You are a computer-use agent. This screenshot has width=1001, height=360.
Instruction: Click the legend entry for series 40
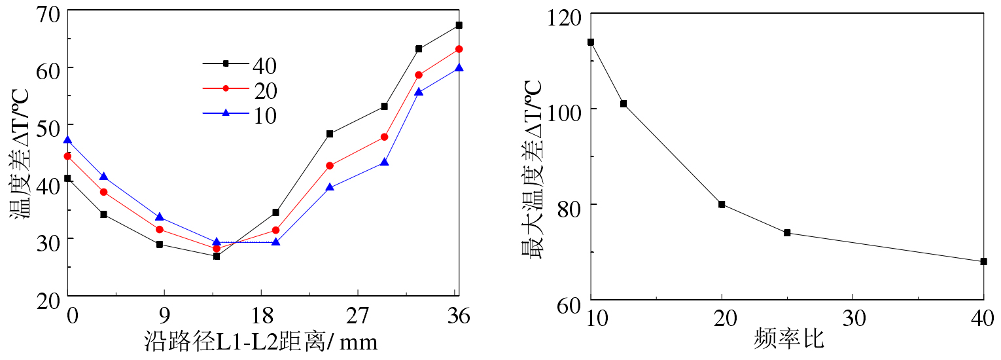click(x=239, y=64)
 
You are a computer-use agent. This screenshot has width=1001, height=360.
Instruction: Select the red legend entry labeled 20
click(x=239, y=89)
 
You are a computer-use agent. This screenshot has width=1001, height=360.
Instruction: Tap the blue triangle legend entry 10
click(x=239, y=114)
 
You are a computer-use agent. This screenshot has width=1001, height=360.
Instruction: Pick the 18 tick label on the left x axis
click(x=261, y=317)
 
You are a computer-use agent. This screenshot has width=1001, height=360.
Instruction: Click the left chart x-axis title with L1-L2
click(x=260, y=342)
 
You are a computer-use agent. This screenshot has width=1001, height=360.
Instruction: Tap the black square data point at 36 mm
click(x=459, y=25)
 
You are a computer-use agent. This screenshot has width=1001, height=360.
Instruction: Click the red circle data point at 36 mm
click(x=459, y=49)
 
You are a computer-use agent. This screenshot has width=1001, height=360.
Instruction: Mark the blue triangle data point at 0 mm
click(x=67, y=140)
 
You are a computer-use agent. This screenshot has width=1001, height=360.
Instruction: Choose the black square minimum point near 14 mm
click(x=217, y=256)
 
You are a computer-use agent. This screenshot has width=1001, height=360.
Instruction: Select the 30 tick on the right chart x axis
click(x=852, y=318)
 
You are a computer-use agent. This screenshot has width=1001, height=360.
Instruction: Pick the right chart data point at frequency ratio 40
click(x=983, y=261)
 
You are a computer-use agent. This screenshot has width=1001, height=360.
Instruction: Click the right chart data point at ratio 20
click(x=722, y=204)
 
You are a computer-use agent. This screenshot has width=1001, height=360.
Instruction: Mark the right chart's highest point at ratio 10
click(x=591, y=42)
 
